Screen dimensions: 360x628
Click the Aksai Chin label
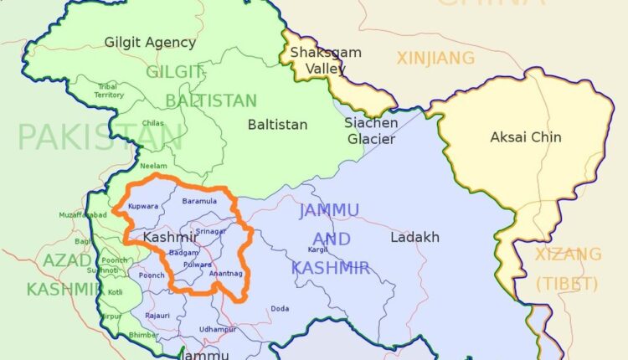click(525, 136)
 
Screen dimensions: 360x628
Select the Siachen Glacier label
click(370, 131)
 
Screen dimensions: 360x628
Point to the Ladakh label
click(414, 237)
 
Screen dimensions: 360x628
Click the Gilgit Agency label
click(150, 42)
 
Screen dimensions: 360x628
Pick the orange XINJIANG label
click(435, 58)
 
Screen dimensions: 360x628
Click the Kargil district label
click(317, 249)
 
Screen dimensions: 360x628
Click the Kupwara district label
click(142, 204)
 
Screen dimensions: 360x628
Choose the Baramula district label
click(198, 202)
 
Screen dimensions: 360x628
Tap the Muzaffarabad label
click(80, 214)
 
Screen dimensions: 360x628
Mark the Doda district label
click(280, 308)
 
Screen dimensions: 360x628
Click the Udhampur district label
click(218, 329)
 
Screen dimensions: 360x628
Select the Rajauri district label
click(157, 315)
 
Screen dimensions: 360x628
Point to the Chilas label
click(152, 123)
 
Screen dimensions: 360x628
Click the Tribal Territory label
click(109, 91)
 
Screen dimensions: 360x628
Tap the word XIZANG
click(569, 254)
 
